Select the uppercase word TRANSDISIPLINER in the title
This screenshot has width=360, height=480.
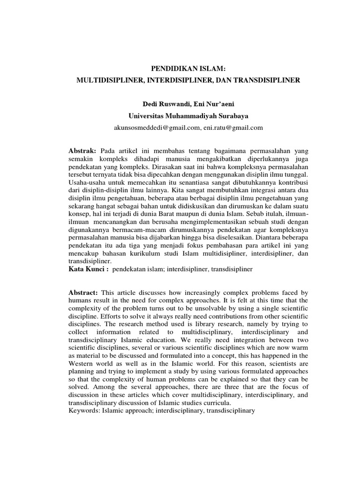[x=265, y=81]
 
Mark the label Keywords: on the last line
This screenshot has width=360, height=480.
[x=84, y=411]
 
